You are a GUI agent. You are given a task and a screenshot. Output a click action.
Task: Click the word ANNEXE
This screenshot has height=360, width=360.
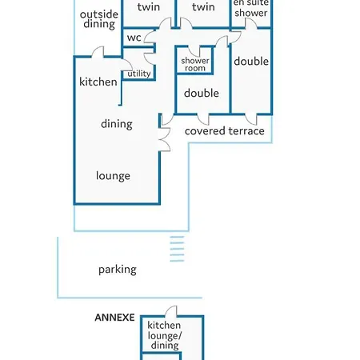[114, 318]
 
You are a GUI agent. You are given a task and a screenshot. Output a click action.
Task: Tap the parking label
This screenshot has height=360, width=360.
[118, 270]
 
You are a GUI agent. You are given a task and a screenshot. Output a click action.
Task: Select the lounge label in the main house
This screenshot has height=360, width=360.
[113, 176]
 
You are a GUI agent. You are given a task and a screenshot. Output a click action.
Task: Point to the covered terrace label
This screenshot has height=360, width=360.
[225, 131]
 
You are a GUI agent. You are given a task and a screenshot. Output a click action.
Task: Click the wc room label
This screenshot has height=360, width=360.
[134, 38]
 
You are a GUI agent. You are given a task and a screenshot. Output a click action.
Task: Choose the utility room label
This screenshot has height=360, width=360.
[139, 74]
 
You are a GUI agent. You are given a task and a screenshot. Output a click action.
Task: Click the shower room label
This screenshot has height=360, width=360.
[195, 64]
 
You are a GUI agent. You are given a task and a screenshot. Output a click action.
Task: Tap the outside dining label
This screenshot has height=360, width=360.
[99, 19]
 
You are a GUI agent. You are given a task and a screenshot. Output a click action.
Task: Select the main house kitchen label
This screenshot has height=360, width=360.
[98, 82]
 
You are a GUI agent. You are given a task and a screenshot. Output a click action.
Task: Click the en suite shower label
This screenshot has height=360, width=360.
[250, 8]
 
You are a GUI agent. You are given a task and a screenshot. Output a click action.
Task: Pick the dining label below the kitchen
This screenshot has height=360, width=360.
[117, 124]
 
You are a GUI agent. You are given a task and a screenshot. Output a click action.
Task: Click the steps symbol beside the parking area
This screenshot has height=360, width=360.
[177, 249]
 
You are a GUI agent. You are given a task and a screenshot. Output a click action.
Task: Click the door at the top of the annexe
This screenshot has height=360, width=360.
[171, 311]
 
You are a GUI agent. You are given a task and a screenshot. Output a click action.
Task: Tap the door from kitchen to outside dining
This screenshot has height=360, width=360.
[98, 52]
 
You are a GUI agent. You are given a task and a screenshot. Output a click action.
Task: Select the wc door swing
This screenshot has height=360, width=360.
[150, 37]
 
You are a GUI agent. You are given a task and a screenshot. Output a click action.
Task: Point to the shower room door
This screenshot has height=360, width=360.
[194, 51]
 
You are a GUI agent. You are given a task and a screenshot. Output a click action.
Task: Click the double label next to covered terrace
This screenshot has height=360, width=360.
[202, 93]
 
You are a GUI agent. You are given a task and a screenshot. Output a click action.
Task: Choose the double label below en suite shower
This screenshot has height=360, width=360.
[251, 62]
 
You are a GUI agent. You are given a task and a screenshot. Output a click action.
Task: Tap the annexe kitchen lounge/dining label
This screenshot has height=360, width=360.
[164, 335]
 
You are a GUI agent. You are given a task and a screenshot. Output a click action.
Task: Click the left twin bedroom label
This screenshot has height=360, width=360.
[149, 7]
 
